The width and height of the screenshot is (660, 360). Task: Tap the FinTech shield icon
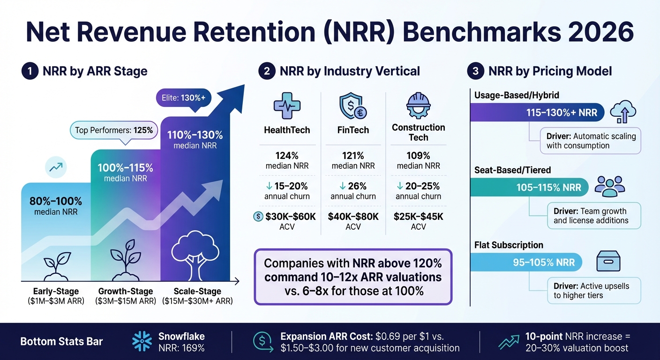coord(352,105)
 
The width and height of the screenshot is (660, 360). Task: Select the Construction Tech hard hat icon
coord(418,105)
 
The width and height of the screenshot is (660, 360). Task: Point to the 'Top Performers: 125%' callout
coord(114,130)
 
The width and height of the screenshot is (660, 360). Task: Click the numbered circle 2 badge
coord(267,71)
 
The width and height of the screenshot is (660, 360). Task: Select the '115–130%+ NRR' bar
coord(537,112)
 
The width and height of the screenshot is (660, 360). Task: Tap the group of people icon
coord(610,186)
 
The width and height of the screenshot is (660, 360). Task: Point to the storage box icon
coord(608,261)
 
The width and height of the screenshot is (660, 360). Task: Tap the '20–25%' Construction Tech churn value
coord(423,186)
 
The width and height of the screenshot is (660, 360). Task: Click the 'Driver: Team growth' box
coord(593,216)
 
